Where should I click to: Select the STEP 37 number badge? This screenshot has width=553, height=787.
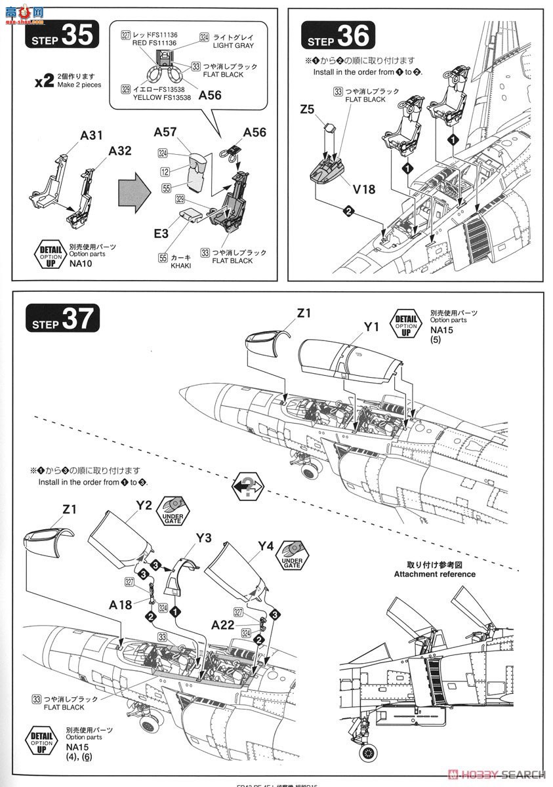tap(62, 319)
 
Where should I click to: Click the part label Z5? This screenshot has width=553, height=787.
tap(307, 110)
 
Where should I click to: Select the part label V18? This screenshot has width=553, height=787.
tap(364, 189)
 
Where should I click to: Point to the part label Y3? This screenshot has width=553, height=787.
tap(203, 538)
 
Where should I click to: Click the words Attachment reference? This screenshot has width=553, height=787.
tap(435, 574)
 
